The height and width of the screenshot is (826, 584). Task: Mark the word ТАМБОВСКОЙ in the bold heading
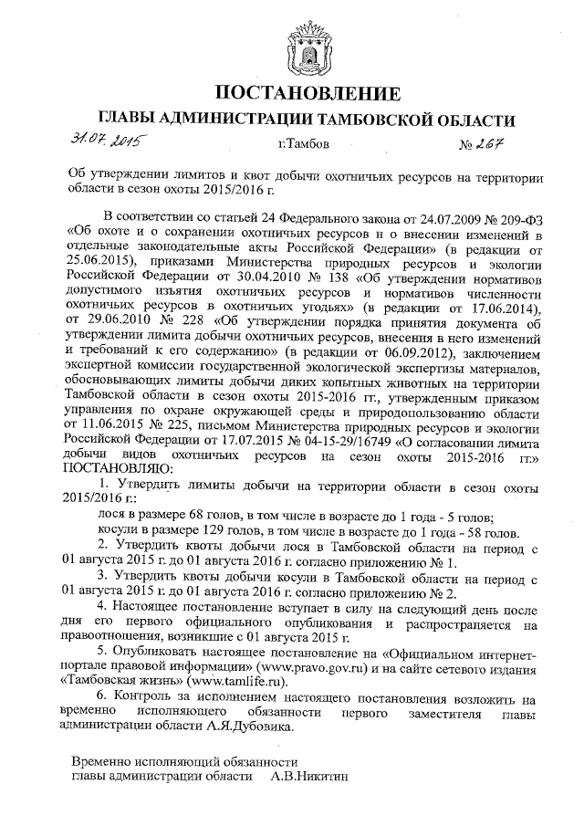(x=359, y=120)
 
